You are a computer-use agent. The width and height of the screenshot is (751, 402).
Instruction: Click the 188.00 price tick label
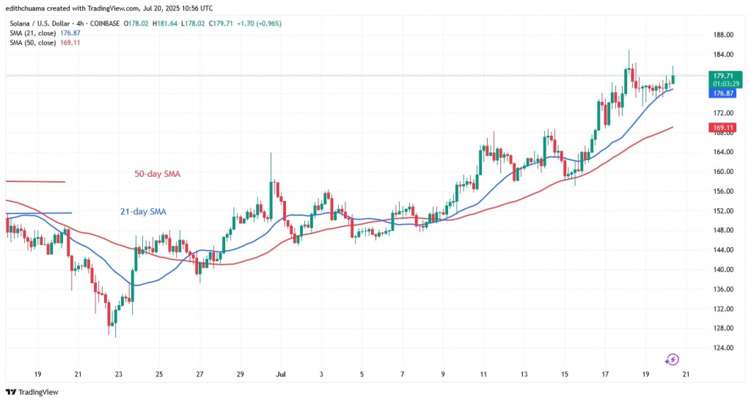pos(724,35)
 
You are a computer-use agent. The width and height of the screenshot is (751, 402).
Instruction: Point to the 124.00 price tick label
pos(724,348)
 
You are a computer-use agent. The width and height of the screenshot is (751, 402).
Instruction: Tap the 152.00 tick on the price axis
pos(724,211)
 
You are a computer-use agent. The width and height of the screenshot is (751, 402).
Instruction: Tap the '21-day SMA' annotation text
pos(143,212)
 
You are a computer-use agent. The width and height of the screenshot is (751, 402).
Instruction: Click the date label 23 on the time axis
pos(119,373)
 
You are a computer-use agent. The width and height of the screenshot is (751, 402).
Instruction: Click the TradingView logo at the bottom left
pos(34,392)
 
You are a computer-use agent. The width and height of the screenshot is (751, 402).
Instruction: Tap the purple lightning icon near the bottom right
pos(673,359)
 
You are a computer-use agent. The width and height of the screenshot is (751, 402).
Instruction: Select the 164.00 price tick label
pos(724,152)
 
